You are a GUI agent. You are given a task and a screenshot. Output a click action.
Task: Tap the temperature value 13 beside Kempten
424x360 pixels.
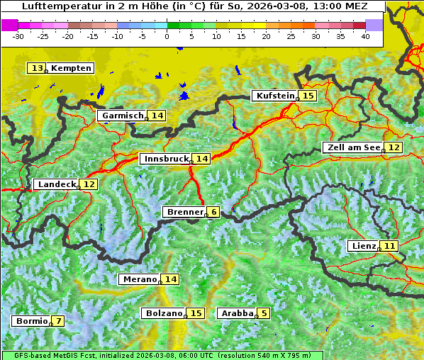tap(37, 68)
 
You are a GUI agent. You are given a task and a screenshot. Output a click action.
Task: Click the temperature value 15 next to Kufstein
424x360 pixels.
tap(308, 96)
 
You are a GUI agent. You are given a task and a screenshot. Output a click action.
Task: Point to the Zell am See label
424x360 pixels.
tap(352, 147)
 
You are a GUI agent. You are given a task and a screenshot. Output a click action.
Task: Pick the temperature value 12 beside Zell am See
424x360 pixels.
tap(394, 147)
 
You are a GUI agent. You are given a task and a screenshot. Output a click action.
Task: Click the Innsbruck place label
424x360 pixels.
tap(165, 159)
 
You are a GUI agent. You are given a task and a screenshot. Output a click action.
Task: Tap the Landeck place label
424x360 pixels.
tap(57, 184)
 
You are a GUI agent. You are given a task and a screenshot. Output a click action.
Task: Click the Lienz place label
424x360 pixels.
tap(364, 246)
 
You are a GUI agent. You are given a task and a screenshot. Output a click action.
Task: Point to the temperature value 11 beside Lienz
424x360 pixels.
tap(390, 246)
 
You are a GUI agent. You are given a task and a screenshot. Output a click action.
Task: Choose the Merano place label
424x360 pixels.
tap(139, 279)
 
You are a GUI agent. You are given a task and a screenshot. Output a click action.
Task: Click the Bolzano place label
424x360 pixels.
tap(164, 313)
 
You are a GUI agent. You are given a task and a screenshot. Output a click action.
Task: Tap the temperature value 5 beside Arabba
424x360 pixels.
tap(264, 313)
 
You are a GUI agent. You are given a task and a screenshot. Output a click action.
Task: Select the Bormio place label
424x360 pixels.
tap(32, 321)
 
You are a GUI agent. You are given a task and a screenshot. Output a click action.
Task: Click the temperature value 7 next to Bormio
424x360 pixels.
tap(58, 321)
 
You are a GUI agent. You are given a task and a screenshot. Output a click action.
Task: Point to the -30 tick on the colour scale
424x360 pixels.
tap(18, 36)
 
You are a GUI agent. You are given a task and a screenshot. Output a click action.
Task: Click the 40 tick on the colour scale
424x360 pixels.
tap(365, 36)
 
